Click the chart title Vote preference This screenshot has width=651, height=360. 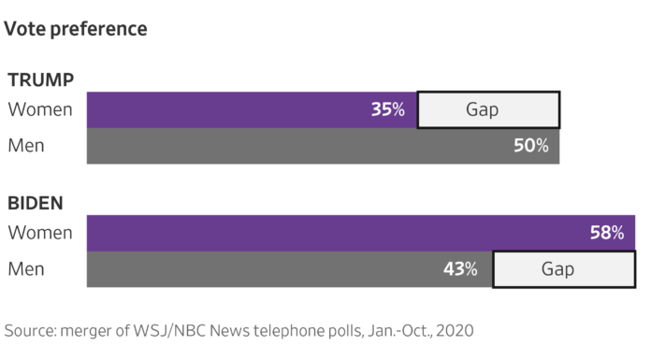(x=76, y=29)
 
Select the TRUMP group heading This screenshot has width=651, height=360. (x=40, y=79)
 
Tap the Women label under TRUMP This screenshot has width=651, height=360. (x=40, y=109)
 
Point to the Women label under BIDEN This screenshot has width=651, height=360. (x=40, y=233)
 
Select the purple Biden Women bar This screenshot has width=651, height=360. (x=327, y=233)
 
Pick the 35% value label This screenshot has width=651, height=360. (x=387, y=109)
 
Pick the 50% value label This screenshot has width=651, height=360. (x=530, y=146)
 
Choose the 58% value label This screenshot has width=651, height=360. (x=606, y=233)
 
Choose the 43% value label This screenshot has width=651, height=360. (x=460, y=269)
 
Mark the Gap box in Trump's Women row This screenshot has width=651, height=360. (x=487, y=109)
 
